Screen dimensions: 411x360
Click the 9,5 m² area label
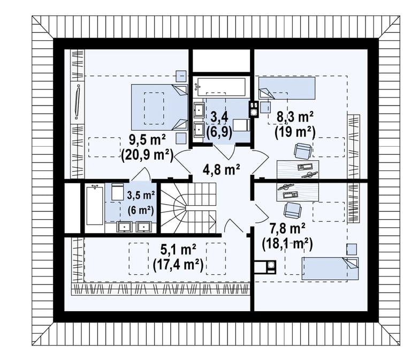pos(148,140)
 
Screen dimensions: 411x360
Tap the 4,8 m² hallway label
pos(222,169)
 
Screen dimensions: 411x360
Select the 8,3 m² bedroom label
pos(295,117)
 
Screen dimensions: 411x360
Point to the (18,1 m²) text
pos(287,244)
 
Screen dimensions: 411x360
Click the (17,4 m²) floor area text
pos(178,265)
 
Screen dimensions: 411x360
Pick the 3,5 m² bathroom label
pos(141,195)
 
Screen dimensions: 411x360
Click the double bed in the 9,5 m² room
pos(159,107)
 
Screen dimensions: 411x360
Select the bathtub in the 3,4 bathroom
pos(221,87)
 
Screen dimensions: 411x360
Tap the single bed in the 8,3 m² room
pos(287,88)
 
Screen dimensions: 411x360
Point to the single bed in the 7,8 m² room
pos(330,268)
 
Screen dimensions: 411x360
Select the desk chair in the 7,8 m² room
pos(293,209)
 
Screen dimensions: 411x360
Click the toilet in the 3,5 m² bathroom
pos(117,192)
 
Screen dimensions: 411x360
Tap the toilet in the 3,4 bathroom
pos(241,125)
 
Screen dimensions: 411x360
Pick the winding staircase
pos(188,208)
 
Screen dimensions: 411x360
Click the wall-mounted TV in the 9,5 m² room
pos(77,102)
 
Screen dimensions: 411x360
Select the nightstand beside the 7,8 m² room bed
pos(352,249)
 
